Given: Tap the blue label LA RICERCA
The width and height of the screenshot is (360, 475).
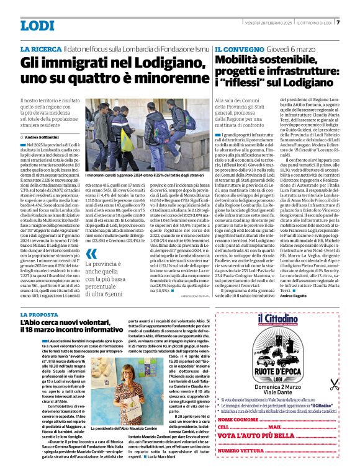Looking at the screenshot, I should click(40, 48).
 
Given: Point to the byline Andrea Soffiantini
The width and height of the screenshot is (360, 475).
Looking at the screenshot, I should click(43, 136).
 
